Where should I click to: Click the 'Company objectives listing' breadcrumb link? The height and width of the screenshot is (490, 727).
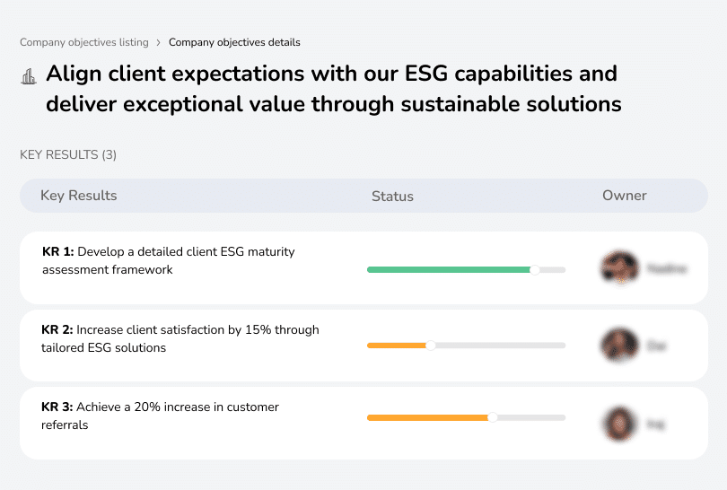[84, 42]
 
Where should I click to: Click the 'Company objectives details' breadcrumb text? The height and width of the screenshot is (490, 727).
[234, 42]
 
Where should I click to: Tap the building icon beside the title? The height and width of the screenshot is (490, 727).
[28, 76]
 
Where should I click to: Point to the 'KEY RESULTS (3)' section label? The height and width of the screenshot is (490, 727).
[68, 155]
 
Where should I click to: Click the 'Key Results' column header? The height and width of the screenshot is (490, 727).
[79, 196]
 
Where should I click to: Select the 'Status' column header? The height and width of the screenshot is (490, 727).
[392, 197]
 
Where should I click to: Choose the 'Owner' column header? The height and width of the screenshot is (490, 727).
[625, 196]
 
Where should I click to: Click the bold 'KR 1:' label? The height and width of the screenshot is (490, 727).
[57, 252]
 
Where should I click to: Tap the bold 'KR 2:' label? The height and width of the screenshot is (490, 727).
[57, 330]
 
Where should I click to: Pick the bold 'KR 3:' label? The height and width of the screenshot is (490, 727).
[57, 407]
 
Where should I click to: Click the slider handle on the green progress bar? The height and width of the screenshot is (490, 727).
[535, 269]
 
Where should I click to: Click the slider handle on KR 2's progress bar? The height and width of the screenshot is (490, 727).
[430, 346]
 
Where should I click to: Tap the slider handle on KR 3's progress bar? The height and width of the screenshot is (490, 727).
[493, 417]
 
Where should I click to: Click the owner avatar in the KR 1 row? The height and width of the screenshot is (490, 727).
[619, 267]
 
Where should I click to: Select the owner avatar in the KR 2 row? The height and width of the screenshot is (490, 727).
[619, 345]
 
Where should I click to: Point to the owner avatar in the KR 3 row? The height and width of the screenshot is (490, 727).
[619, 423]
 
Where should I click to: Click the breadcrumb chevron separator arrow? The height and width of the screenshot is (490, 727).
[159, 42]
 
